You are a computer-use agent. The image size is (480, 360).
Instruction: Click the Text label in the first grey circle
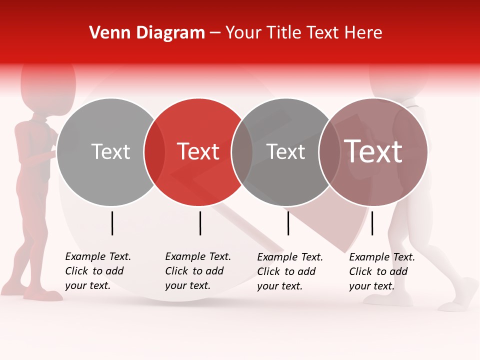coord(110,151)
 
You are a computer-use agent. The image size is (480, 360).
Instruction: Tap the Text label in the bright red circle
coord(198,151)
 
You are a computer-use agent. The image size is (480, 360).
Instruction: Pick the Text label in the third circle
coord(285,151)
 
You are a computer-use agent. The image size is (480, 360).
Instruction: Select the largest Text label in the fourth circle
coord(373,151)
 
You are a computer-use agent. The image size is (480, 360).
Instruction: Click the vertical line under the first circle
coord(112,223)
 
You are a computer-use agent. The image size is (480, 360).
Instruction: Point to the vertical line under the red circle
coord(200,223)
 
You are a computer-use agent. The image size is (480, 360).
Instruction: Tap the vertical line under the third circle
coord(288,223)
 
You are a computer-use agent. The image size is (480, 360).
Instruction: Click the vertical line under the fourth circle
coord(372,223)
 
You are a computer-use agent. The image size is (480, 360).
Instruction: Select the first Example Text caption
coord(97,271)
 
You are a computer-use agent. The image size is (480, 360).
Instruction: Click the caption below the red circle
coord(197,271)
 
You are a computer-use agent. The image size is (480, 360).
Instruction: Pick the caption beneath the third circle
coord(289,271)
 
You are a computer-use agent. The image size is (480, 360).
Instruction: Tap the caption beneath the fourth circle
coord(381,271)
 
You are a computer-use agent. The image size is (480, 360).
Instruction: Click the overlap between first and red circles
coord(154,152)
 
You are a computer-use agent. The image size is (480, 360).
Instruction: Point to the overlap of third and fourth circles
coord(328,152)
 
